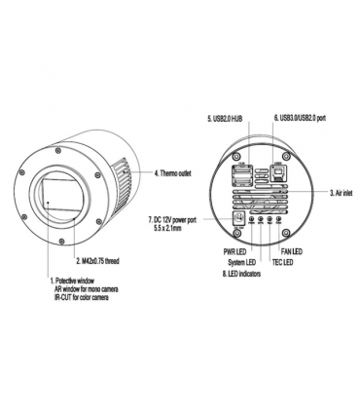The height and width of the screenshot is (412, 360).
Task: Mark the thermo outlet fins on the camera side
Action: (x=125, y=174)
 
